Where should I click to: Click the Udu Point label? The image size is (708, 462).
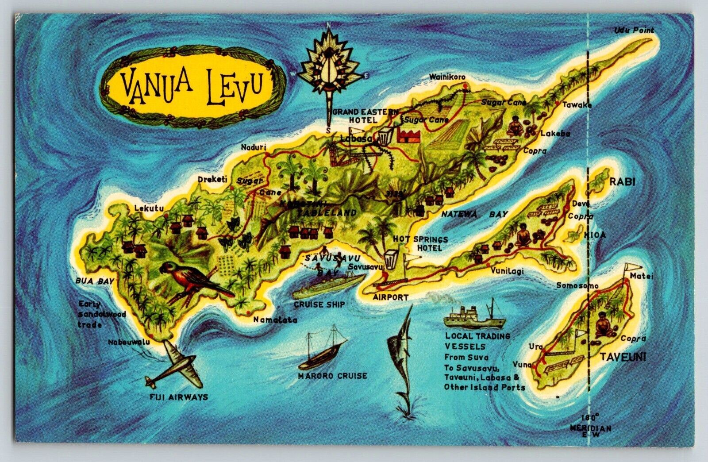634,30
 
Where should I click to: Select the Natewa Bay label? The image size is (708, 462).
474,215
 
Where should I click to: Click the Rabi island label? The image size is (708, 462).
622,181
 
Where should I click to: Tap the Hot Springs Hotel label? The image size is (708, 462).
420,243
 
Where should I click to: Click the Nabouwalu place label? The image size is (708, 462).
129,342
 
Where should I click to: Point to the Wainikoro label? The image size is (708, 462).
447,77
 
